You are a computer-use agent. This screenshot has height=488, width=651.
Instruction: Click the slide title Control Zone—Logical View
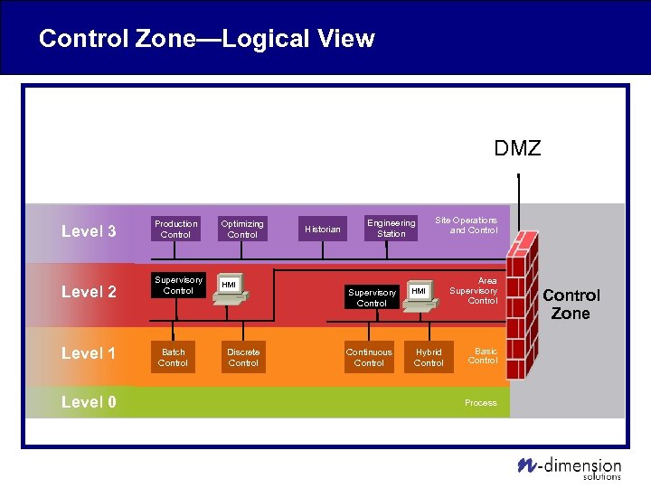[x=206, y=39]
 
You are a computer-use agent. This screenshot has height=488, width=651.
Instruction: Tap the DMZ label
[x=517, y=148]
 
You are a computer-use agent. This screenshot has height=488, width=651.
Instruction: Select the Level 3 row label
[x=89, y=231]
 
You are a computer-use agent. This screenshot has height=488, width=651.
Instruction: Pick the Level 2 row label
[x=89, y=292]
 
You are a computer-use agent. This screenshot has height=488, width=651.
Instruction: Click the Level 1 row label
[x=89, y=353]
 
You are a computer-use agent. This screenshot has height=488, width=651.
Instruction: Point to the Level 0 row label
[x=89, y=402]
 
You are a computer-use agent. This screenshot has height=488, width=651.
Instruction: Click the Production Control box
[x=175, y=230]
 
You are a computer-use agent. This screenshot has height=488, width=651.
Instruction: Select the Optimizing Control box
[x=242, y=230]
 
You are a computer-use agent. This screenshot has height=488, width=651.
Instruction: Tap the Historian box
[x=323, y=230]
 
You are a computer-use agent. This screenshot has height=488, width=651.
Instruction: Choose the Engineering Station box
[x=392, y=229]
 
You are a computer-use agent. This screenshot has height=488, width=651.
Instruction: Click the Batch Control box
[x=173, y=358]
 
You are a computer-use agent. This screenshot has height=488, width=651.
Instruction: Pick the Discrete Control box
[x=243, y=358]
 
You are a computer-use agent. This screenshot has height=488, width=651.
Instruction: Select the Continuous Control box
[x=369, y=358]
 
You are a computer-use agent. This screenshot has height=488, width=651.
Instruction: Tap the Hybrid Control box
[x=429, y=358]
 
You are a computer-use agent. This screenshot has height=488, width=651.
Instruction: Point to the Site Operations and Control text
[x=466, y=225]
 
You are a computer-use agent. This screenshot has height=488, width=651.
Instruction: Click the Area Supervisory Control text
[x=474, y=291]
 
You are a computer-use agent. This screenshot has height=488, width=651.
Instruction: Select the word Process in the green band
[x=480, y=403]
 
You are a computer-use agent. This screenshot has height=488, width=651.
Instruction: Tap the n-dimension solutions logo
[x=570, y=466]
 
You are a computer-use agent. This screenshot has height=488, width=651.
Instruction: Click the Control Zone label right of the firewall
[x=571, y=305]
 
